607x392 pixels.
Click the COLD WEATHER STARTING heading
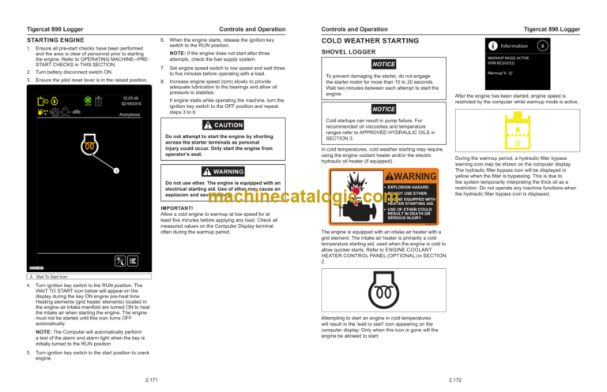coord(369,38)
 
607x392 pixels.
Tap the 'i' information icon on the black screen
coord(473,45)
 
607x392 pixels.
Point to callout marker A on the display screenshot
coord(116,170)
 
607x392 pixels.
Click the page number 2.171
coord(145,380)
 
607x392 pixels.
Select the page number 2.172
coord(460,380)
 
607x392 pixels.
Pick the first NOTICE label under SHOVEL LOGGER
coord(384,63)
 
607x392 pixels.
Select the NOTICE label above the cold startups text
coord(384,109)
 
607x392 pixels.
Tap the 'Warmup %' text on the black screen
coord(477,73)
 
